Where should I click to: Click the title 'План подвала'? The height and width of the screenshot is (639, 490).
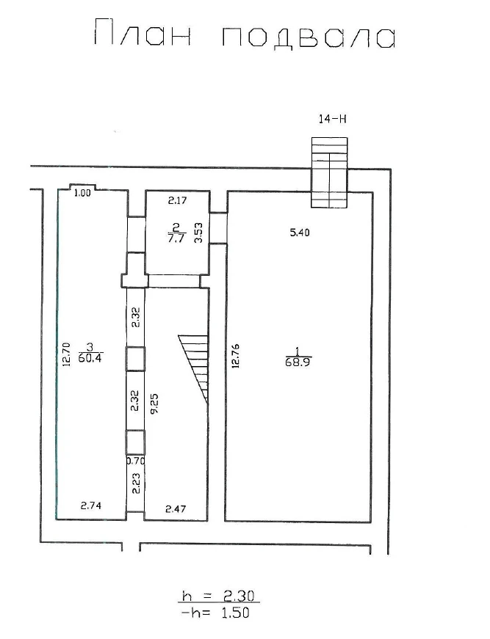click(245, 34)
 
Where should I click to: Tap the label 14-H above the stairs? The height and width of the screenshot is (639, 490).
click(332, 119)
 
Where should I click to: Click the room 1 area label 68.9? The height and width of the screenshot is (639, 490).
click(299, 362)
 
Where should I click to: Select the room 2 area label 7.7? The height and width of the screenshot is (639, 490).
click(176, 238)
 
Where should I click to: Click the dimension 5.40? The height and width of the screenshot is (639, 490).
click(300, 233)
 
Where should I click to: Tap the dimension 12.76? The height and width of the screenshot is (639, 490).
click(235, 356)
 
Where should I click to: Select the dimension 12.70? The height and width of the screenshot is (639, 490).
click(66, 354)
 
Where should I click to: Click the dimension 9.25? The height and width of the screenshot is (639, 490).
click(154, 404)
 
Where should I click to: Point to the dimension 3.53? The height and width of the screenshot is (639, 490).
click(198, 233)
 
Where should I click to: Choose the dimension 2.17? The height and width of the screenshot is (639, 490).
click(178, 200)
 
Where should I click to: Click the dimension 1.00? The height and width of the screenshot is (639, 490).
click(82, 193)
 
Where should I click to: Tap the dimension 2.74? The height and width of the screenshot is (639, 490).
click(90, 505)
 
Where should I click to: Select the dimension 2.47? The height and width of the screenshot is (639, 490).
click(176, 508)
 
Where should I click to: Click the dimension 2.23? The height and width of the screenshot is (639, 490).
click(136, 483)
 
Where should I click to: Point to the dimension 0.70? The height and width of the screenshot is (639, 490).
click(136, 461)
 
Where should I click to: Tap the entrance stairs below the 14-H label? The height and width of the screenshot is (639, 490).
click(330, 172)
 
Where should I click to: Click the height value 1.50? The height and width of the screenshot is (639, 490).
click(234, 613)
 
